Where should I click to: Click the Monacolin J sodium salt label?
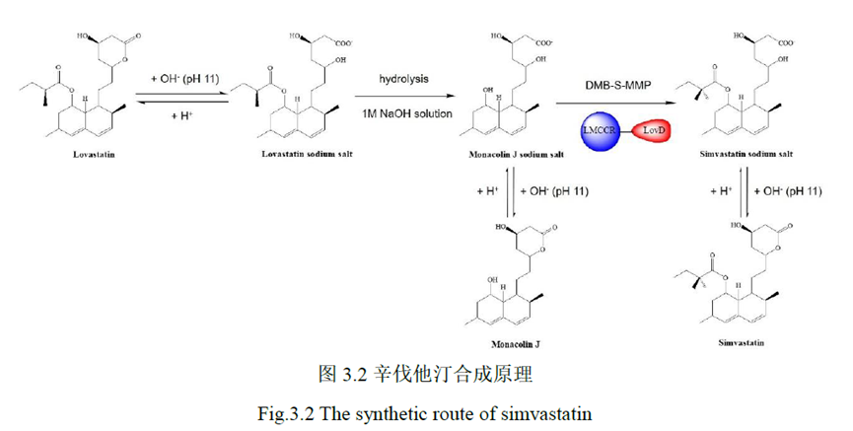coord(519,155)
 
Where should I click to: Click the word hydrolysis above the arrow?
coord(403,77)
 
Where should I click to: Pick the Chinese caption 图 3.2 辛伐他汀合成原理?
coord(425,375)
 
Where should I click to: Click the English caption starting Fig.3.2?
coord(425,412)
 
